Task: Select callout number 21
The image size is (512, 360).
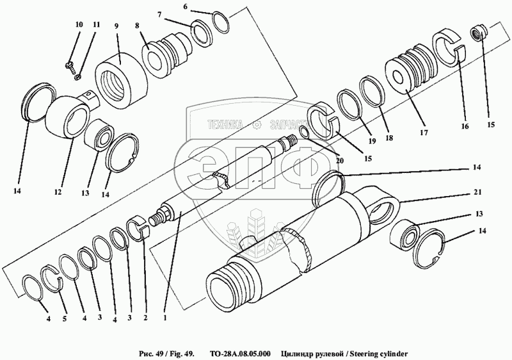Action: pos(477,192)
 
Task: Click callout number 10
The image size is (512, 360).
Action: pos(79,24)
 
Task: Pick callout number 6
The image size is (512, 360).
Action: pos(186,6)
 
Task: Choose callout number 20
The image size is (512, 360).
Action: pos(339,161)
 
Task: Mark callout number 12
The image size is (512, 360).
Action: pos(59,192)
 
